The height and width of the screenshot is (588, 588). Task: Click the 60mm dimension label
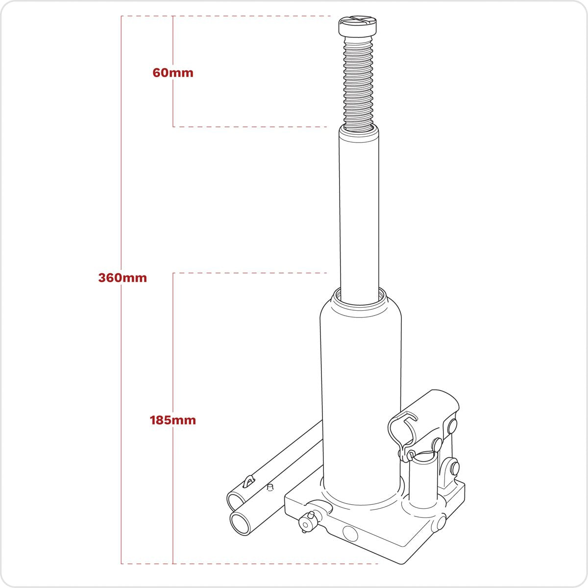pyautogui.click(x=173, y=73)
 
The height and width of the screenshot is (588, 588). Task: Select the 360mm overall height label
pyautogui.click(x=122, y=278)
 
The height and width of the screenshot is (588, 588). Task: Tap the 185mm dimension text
pyautogui.click(x=173, y=420)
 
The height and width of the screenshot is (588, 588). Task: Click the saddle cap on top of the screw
pyautogui.click(x=359, y=25)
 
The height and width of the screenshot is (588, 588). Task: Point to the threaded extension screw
pyautogui.click(x=358, y=83)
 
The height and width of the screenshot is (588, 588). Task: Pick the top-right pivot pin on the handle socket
pyautogui.click(x=450, y=424)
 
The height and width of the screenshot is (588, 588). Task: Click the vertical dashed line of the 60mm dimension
pyautogui.click(x=173, y=98)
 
